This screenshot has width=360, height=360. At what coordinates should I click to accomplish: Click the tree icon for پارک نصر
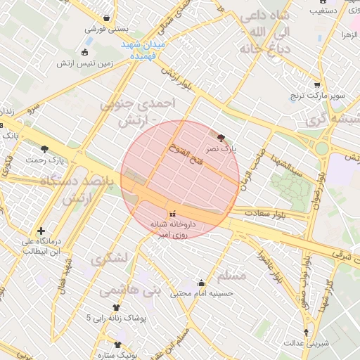pos(222,138)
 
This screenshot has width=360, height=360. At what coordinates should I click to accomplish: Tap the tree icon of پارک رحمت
pos(45,148)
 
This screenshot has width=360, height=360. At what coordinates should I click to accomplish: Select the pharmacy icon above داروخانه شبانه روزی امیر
pos(173,214)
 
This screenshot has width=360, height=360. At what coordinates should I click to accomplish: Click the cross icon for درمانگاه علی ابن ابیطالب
pos(41,231)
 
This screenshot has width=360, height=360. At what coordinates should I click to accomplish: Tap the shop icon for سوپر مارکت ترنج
pos(317,84)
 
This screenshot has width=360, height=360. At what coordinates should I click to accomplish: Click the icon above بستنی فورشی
pos(106,18)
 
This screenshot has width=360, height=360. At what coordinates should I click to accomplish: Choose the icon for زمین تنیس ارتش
pos(85,52)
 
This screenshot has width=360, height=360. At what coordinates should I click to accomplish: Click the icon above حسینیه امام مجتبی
pos(202,283)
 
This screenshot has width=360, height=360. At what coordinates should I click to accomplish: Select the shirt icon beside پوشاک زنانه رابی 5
pos(117,307)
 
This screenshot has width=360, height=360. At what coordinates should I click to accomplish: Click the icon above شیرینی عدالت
pos(306,332)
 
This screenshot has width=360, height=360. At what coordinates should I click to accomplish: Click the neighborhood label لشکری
pos(110,258)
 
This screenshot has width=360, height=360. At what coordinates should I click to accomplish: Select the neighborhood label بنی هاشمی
pos(129,289)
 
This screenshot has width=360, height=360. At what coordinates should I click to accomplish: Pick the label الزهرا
pos(349,34)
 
